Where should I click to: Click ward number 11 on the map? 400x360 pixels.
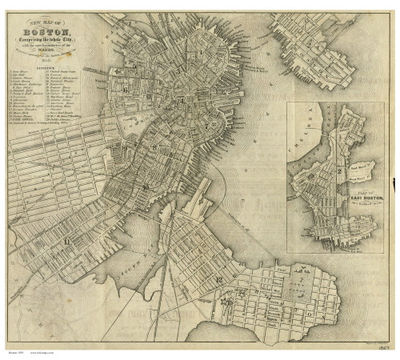click(67, 239)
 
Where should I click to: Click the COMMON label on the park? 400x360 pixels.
click(128, 128)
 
